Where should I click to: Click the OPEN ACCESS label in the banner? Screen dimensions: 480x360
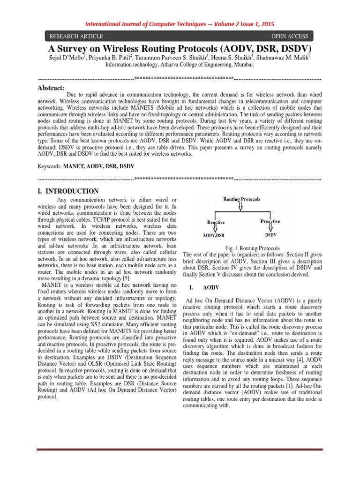(289, 36)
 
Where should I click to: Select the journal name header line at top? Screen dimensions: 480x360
(180, 24)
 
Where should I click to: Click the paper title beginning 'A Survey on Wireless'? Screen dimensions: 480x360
(180, 48)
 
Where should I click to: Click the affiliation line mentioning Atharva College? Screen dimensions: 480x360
(180, 66)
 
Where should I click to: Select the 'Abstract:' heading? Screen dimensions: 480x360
(51, 87)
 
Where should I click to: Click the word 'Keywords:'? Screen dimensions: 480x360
(50, 166)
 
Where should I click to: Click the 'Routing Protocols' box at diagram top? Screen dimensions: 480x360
(241, 199)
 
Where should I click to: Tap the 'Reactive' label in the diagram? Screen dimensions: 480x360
(216, 222)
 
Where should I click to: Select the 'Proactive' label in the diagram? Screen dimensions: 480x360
(270, 221)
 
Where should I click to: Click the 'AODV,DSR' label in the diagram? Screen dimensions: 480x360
(215, 235)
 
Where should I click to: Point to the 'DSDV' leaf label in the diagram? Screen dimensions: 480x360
(270, 234)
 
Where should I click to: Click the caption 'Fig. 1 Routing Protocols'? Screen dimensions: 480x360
(252, 247)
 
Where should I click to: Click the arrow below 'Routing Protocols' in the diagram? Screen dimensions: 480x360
(241, 206)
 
